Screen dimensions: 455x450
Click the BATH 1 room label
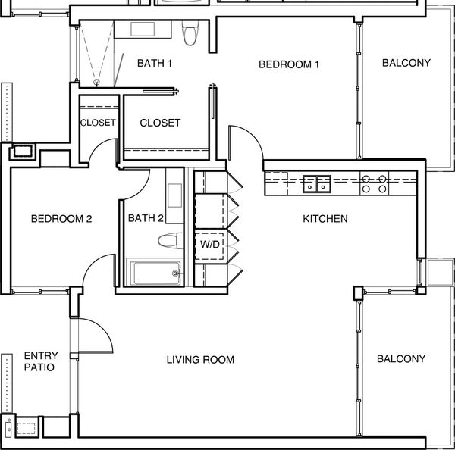155,63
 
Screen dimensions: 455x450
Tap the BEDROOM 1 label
289,64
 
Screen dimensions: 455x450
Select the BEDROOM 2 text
61,219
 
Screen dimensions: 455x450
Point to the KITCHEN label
325,219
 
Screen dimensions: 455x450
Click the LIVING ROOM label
200,360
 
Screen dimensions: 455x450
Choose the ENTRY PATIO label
40,361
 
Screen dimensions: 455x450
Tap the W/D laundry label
210,244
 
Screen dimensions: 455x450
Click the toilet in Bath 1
190,33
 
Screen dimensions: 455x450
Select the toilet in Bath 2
171,241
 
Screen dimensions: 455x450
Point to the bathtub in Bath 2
155,273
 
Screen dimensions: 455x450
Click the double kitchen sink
317,184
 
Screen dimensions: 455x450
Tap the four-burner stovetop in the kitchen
375,184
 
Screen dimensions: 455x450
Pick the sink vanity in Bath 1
143,30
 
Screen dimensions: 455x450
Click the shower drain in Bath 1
96,83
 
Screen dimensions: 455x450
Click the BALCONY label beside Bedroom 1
406,63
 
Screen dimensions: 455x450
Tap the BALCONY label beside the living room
401,358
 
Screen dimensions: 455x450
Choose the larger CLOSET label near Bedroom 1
160,123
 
